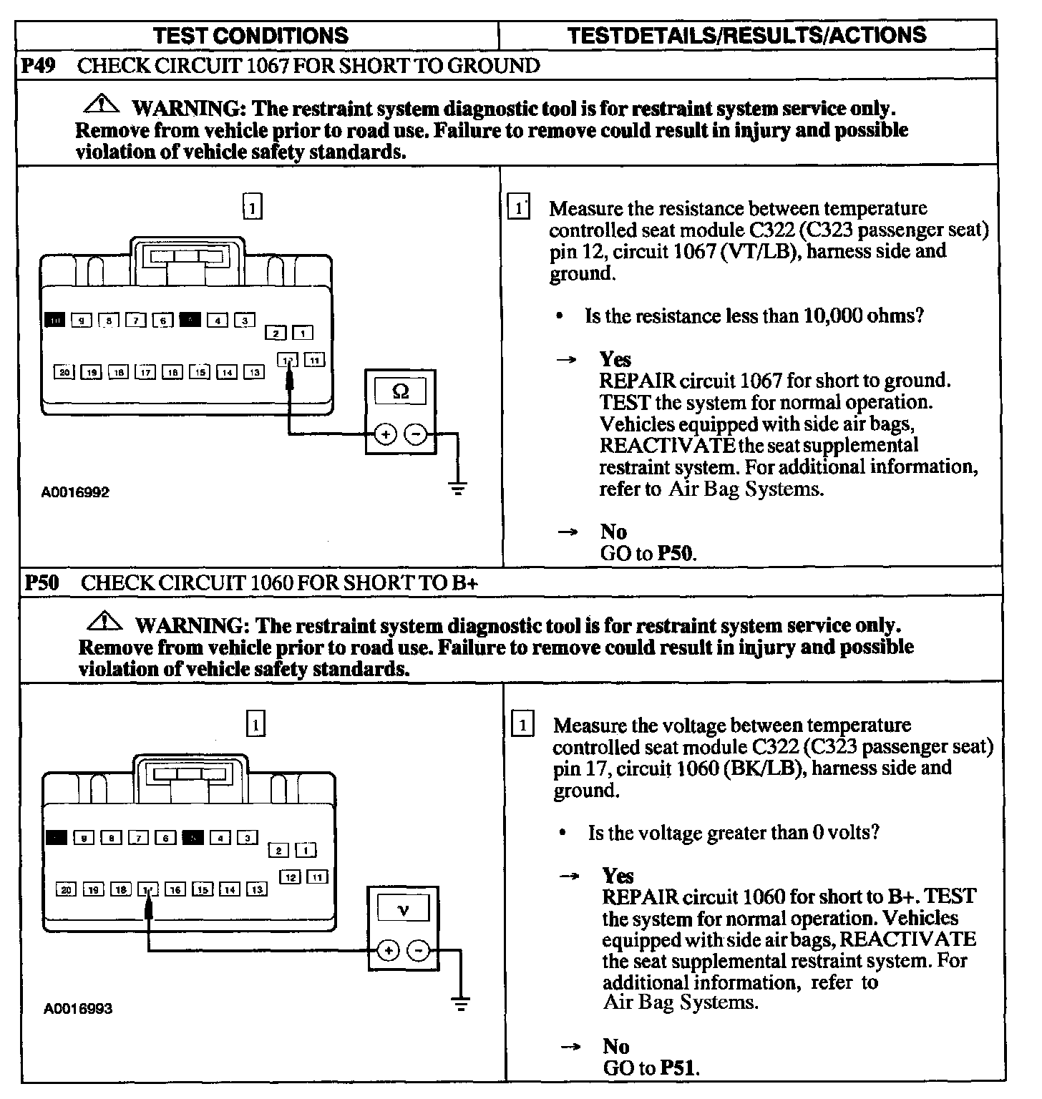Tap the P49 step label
37,66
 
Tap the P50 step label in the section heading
41,582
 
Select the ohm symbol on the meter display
401,391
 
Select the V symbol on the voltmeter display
403,909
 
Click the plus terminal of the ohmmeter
385,434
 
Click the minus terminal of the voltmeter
419,950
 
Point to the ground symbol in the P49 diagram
457,489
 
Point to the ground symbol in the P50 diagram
461,1005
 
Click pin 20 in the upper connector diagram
64,372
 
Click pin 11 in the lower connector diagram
318,876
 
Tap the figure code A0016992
75,492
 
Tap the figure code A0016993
78,1009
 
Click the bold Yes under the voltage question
618,876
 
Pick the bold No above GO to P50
613,532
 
